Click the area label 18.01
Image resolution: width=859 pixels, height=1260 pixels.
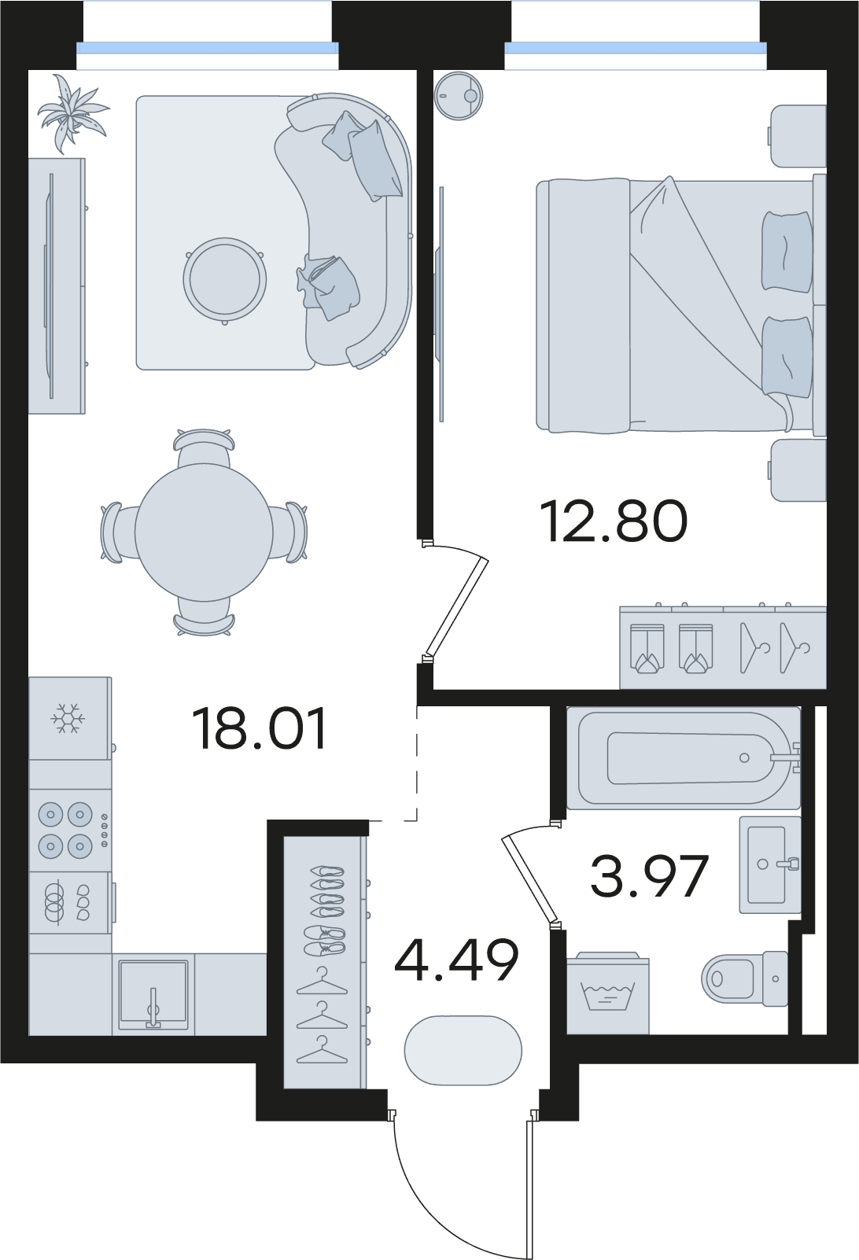coord(259,729)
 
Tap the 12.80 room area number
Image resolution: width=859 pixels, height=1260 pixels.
coord(614,521)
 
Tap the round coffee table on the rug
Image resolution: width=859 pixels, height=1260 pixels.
coord(224,279)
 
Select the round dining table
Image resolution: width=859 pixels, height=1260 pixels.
coord(204,532)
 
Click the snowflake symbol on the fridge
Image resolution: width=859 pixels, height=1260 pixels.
coord(68,718)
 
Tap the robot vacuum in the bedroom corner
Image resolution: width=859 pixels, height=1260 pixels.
coord(459,97)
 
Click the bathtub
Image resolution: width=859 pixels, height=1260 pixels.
coord(684,757)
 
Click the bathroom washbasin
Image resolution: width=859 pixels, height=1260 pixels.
coord(770,864)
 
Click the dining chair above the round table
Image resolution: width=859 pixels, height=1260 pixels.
coord(204,448)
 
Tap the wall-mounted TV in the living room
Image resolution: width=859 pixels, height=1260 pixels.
coord(50,286)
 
